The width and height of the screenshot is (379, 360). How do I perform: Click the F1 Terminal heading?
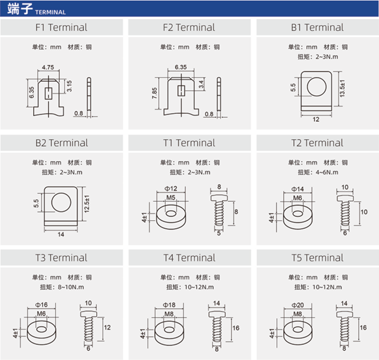[61, 27]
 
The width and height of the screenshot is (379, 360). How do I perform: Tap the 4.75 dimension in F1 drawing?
[48, 67]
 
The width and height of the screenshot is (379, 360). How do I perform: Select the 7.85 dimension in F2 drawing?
[154, 93]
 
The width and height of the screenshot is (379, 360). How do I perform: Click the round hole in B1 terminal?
[317, 87]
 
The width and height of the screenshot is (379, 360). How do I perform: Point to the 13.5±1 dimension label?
[342, 88]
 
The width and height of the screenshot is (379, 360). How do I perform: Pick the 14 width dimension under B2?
[61, 234]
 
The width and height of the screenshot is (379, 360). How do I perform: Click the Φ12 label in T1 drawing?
[171, 189]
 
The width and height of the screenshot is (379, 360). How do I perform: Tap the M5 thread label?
[171, 197]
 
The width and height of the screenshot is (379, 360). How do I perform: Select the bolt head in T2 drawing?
[345, 198]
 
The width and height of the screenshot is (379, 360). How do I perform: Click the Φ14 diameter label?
[298, 189]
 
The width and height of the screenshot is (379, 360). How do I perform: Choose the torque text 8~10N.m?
[71, 287]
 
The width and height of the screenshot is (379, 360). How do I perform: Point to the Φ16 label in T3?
[41, 305]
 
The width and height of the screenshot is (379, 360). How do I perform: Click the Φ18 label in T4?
[169, 305]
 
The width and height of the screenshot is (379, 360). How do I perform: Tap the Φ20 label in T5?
[298, 305]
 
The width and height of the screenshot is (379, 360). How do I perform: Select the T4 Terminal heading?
[189, 258]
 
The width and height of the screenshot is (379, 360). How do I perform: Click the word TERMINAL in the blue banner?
[50, 12]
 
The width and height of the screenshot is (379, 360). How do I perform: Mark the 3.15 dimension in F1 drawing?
[69, 86]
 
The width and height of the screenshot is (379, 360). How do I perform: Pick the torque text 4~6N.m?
[327, 172]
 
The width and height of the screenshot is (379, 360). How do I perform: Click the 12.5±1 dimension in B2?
[87, 204]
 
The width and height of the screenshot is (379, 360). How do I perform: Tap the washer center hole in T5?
[298, 330]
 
